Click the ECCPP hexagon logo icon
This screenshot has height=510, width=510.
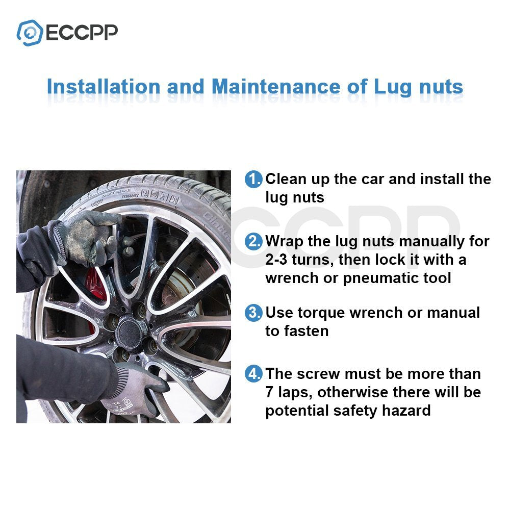click(30, 33)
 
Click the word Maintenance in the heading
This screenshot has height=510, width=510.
click(276, 87)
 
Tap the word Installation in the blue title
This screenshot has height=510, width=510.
click(104, 87)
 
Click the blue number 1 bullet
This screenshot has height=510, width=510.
click(253, 179)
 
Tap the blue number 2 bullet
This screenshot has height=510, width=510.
click(253, 241)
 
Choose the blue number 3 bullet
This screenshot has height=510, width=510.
click(253, 313)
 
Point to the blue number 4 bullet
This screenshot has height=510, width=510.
click(253, 374)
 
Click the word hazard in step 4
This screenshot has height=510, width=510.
click(406, 411)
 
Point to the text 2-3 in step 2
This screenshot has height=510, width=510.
click(276, 260)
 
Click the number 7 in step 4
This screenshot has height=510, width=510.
click(269, 392)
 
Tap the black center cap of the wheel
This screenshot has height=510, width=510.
click(130, 332)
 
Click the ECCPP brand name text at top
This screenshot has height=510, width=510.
click(82, 33)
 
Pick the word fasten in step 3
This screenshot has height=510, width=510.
click(307, 331)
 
